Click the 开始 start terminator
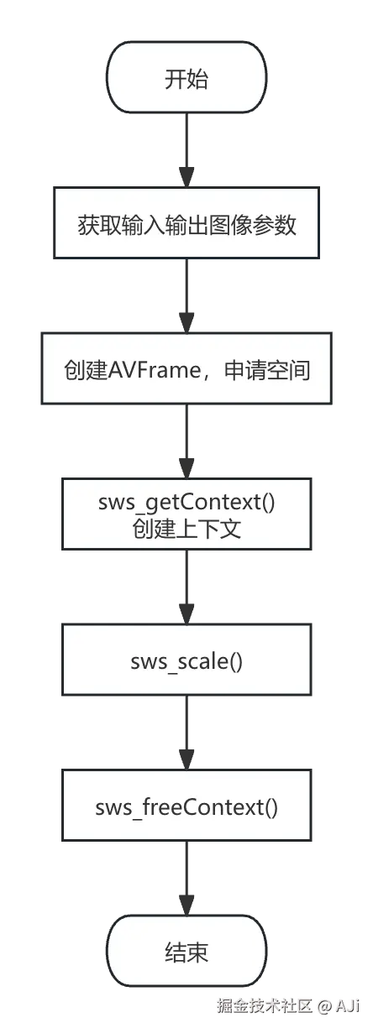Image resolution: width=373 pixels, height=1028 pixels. point(186,80)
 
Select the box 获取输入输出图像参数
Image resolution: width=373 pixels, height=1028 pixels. point(186,224)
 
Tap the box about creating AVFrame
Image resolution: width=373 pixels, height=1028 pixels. point(186,368)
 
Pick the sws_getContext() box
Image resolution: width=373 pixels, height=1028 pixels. point(186,514)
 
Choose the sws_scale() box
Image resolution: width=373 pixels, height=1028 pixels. point(186,660)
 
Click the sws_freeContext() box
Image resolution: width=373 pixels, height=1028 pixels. point(186,807)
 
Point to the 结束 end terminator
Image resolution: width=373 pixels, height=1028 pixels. point(186,952)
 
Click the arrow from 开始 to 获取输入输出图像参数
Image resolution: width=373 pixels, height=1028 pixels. point(186,151)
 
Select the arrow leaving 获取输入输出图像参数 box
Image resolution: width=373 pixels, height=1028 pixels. point(186,295)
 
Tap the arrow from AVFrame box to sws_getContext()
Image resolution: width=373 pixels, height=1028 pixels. point(186,441)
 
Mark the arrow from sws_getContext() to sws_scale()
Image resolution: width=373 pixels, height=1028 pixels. point(186,586)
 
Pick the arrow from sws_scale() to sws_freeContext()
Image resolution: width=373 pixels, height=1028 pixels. point(186,732)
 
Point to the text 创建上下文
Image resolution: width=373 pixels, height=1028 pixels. point(186,529)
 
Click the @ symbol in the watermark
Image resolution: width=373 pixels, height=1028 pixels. point(324,1005)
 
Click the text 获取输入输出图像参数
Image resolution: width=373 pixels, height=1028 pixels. point(186,225)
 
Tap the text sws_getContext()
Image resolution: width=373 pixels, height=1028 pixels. point(186,503)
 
